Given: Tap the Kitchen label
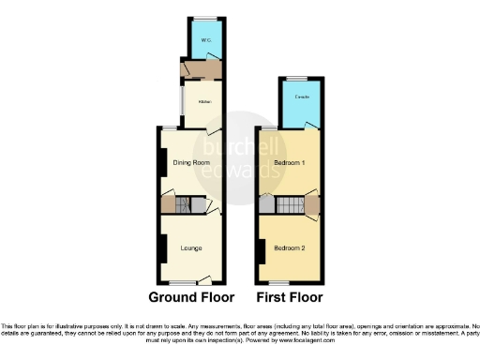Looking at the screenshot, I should (203, 100).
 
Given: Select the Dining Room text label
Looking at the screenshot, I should (190, 162).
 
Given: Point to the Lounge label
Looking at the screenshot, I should (191, 247).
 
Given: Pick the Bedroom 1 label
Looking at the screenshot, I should (290, 163).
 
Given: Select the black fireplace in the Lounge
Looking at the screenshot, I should (160, 248).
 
